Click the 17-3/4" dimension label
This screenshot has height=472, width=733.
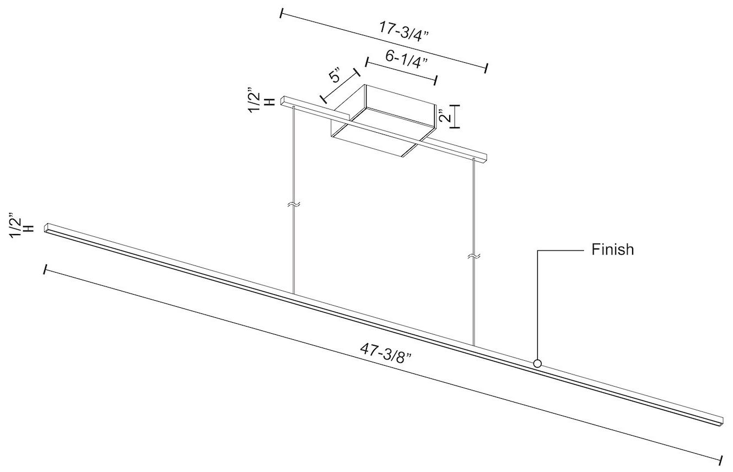pyautogui.click(x=404, y=30)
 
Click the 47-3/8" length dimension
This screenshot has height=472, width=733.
pyautogui.click(x=387, y=351)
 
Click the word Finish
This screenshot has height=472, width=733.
pyautogui.click(x=613, y=249)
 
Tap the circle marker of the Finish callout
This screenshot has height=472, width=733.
pyautogui.click(x=537, y=364)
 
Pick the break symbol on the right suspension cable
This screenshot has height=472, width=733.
pyautogui.click(x=473, y=256)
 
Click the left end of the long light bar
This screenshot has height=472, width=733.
pyautogui.click(x=47, y=227)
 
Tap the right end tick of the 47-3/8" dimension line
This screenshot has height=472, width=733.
pyautogui.click(x=721, y=459)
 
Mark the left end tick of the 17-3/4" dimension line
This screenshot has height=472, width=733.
pyautogui.click(x=282, y=13)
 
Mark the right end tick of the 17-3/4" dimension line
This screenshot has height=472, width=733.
pyautogui.click(x=486, y=68)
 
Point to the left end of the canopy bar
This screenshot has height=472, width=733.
pyautogui.click(x=283, y=101)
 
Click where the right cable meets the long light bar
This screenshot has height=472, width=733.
pyautogui.click(x=473, y=346)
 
